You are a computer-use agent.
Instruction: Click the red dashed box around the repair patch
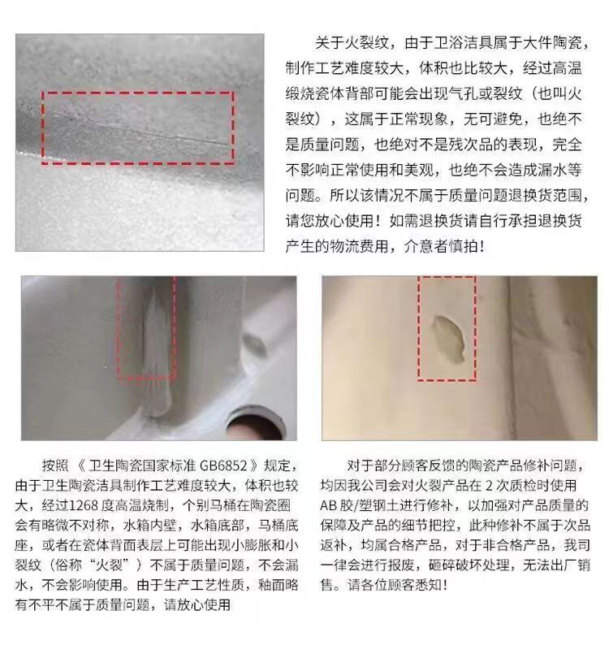447,327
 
